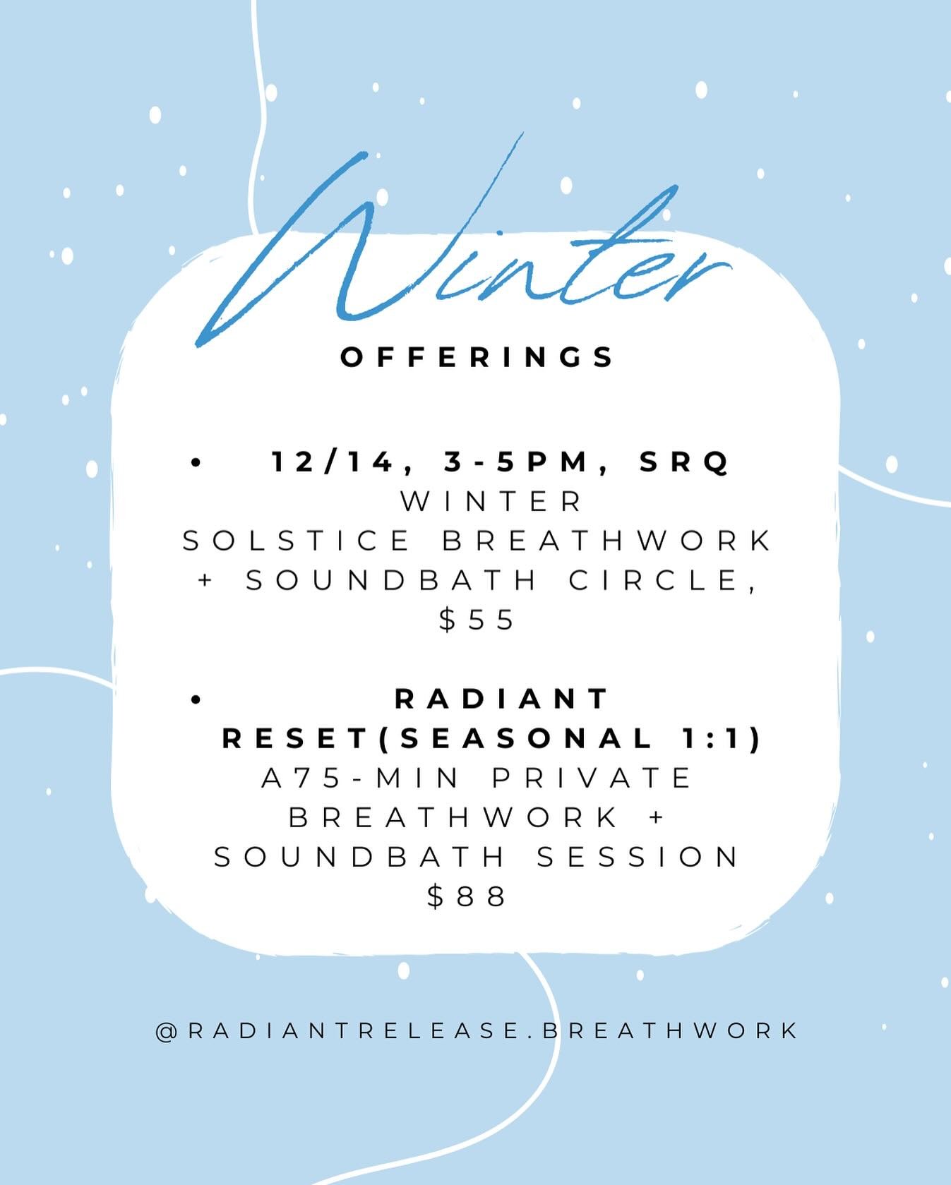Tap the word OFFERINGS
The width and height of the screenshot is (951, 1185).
(477, 357)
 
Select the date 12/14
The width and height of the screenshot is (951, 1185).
(332, 462)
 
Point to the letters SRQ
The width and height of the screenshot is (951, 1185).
(683, 462)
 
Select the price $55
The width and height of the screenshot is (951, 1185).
(477, 620)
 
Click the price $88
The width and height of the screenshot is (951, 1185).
(467, 897)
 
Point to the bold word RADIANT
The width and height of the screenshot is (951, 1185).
(502, 699)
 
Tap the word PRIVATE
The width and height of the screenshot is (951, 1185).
(592, 778)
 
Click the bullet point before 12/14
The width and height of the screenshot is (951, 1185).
(196, 463)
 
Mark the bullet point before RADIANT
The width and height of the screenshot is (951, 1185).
(196, 699)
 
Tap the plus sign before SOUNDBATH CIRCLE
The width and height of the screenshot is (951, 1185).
(206, 581)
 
